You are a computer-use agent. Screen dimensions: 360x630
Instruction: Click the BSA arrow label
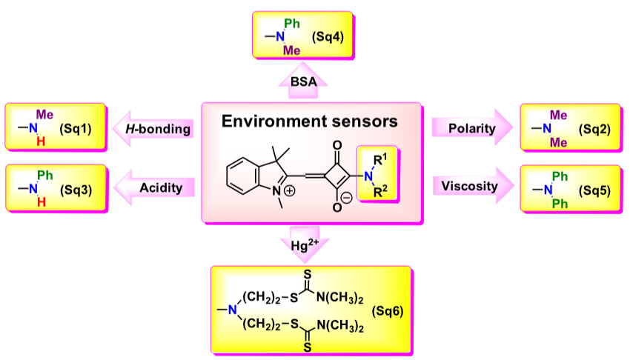click(301, 83)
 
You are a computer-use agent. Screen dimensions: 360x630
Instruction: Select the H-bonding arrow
click(156, 129)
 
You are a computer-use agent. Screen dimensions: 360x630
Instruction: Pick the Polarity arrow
click(471, 128)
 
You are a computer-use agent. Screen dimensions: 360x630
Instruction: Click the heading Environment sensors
click(311, 121)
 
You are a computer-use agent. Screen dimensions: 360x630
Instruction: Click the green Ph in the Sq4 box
click(291, 24)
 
